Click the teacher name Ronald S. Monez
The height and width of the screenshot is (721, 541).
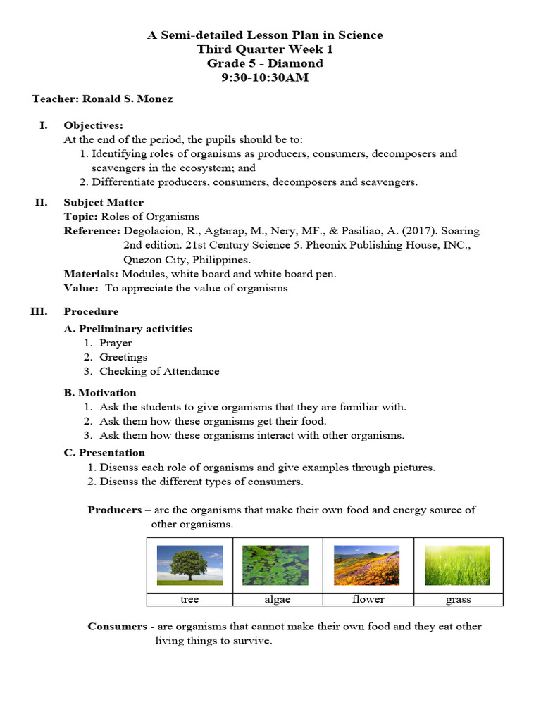click(x=128, y=99)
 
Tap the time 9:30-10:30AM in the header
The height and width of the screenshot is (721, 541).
click(x=265, y=77)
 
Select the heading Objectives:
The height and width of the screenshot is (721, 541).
click(x=93, y=125)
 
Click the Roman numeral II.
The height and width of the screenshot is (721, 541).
click(x=41, y=203)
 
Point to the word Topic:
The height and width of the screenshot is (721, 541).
click(x=81, y=217)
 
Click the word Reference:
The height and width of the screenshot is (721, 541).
click(x=92, y=231)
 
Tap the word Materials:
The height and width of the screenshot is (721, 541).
click(x=91, y=274)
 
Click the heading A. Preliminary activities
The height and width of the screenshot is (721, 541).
click(x=128, y=329)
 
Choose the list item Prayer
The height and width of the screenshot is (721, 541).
click(x=116, y=343)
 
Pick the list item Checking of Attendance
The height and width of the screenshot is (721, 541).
click(x=159, y=371)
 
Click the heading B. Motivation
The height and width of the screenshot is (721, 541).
click(x=100, y=393)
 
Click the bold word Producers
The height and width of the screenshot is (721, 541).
click(x=115, y=510)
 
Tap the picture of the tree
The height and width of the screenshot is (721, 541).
click(x=189, y=565)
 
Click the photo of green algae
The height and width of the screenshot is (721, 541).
click(x=275, y=565)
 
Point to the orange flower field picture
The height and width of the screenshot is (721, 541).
click(x=367, y=565)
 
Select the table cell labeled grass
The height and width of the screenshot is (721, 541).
click(x=459, y=599)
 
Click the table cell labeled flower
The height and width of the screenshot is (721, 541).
click(x=368, y=599)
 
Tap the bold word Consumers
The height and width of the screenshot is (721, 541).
click(x=116, y=627)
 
